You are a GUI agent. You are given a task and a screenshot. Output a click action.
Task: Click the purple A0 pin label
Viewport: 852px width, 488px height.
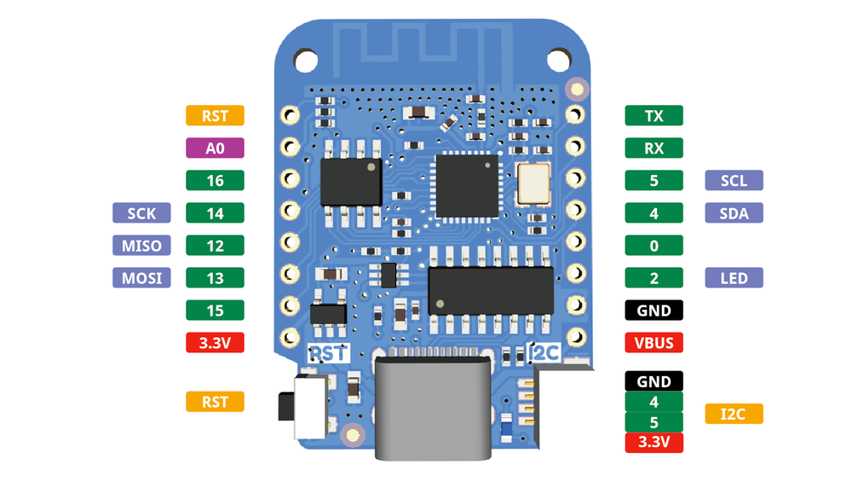click(215, 148)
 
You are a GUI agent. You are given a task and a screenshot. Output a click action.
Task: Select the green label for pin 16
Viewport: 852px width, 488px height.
click(215, 180)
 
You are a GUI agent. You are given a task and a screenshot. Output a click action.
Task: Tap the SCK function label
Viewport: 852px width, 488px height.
click(141, 212)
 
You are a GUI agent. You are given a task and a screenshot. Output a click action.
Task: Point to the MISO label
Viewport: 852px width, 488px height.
click(141, 245)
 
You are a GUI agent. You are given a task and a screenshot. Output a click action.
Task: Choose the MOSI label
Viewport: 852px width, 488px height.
click(141, 277)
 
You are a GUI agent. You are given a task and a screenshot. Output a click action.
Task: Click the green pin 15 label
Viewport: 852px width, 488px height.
click(215, 310)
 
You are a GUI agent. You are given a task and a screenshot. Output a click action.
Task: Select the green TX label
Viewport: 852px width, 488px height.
click(653, 115)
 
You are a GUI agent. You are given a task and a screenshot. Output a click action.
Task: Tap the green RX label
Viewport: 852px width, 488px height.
click(653, 148)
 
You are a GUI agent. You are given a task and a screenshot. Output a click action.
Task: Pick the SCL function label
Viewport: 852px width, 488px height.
click(734, 180)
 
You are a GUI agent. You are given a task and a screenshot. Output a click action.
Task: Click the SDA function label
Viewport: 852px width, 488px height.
click(734, 212)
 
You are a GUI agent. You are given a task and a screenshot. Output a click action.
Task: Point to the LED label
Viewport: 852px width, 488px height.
click(734, 277)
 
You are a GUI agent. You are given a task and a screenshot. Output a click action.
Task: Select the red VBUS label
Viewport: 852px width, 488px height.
click(653, 343)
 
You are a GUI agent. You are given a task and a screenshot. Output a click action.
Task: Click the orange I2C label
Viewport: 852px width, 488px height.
click(734, 414)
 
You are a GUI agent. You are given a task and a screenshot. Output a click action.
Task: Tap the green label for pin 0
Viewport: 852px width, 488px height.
click(653, 245)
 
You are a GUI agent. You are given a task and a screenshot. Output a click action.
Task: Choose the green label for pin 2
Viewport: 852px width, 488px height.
click(653, 277)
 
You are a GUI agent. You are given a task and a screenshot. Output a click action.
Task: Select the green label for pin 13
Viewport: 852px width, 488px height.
click(215, 277)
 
